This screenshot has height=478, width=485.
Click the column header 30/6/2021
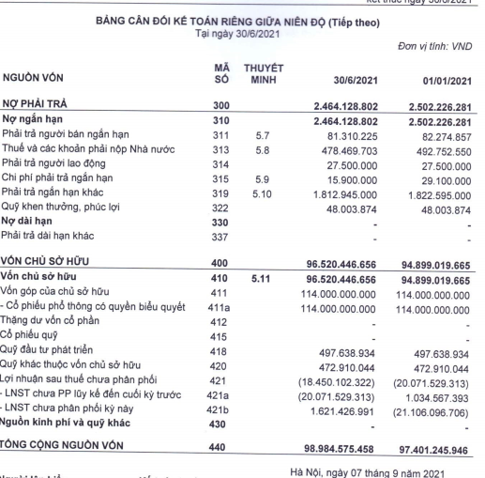point(346,82)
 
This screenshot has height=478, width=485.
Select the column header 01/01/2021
point(437,82)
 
